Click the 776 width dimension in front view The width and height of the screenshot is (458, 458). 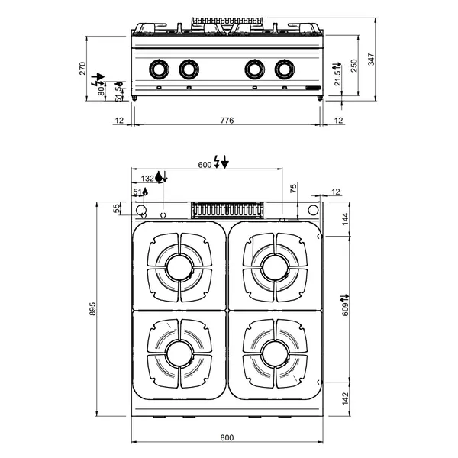tap(227, 121)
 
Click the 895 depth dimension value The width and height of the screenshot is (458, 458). tap(92, 309)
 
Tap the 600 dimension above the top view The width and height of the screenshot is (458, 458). tap(205, 165)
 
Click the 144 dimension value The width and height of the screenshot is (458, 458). tap(344, 218)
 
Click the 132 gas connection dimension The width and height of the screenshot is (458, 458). tap(147, 178)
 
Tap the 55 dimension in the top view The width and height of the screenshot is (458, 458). tap(117, 208)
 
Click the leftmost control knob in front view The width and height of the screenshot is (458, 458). tap(159, 69)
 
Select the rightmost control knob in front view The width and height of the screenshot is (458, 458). tap(285, 69)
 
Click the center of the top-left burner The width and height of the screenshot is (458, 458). tap(180, 266)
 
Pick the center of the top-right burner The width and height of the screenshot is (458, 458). tap(274, 266)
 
